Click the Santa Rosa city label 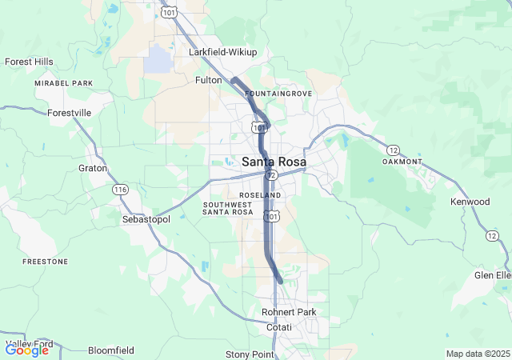pos(274,161)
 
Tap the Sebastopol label pos(146,218)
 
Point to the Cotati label pos(279,327)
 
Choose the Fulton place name pos(208,80)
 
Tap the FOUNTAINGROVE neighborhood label pos(278,94)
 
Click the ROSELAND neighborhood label pos(260,195)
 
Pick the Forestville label pos(70,113)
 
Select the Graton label pos(93,168)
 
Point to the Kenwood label pos(470,202)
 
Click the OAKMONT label pos(402,162)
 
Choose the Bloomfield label pos(110,350)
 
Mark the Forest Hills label pos(29,62)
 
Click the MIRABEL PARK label pos(64,83)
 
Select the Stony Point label pos(250,354)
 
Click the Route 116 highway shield pos(120,190)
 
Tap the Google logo pos(26,350)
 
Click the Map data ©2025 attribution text pos(477,354)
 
